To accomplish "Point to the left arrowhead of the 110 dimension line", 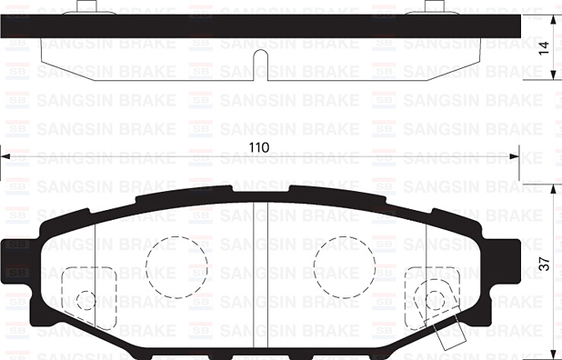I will click(x=5, y=157).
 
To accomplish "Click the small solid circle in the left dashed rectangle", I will click(x=85, y=299).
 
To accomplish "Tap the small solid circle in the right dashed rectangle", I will click(x=434, y=299).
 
